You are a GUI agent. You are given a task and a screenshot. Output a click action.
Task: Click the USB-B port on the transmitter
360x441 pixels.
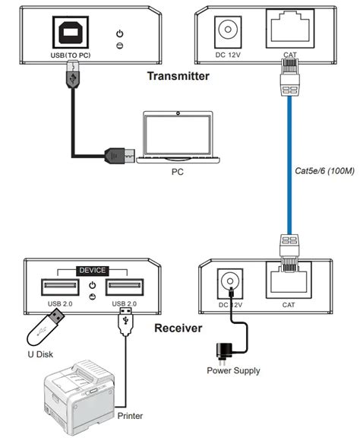pyautogui.click(x=71, y=33)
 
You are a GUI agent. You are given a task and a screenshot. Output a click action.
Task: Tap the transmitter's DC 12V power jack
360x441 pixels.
pyautogui.click(x=228, y=32)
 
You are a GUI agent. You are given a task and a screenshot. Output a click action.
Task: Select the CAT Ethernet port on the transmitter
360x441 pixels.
pyautogui.click(x=290, y=28)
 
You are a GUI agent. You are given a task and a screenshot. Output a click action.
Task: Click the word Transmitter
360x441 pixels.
pyautogui.click(x=178, y=76)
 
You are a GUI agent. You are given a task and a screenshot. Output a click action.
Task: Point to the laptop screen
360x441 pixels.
pyautogui.click(x=178, y=135)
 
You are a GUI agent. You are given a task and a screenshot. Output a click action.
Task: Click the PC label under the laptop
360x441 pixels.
pyautogui.click(x=178, y=172)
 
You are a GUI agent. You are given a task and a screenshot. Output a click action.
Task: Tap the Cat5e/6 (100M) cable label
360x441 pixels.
pyautogui.click(x=324, y=171)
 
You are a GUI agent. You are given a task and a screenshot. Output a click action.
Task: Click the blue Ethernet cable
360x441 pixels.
pyautogui.click(x=289, y=165)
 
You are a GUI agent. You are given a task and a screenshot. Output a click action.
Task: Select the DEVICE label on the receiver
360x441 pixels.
pyautogui.click(x=93, y=271)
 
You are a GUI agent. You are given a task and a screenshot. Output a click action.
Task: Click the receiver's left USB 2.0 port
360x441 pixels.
pyautogui.click(x=60, y=287)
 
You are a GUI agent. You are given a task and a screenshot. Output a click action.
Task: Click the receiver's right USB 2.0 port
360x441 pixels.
pyautogui.click(x=125, y=287)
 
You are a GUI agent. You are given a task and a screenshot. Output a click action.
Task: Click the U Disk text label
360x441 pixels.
pyautogui.click(x=40, y=354)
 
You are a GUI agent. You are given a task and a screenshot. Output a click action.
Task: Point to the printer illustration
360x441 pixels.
pyautogui.click(x=80, y=397)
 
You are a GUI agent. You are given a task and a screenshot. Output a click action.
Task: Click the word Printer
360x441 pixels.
pyautogui.click(x=130, y=416)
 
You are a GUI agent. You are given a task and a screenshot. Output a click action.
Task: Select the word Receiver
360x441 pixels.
pyautogui.click(x=178, y=328)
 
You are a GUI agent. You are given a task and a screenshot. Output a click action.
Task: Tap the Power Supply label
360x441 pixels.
pyautogui.click(x=233, y=371)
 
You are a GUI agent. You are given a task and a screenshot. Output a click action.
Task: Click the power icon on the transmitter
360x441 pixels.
pyautogui.click(x=120, y=33)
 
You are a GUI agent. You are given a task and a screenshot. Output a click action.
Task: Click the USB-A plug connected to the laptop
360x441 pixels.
pyautogui.click(x=120, y=156)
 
